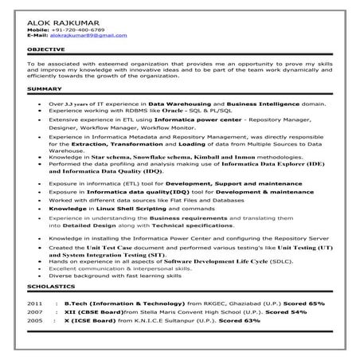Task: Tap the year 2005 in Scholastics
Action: [x=34, y=323]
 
